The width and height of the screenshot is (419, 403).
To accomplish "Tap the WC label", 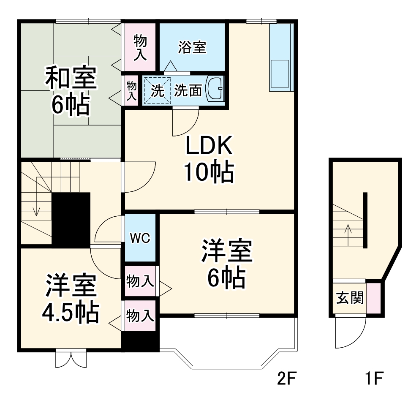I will pos(140,238).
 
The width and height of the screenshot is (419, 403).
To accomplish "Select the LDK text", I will pos(209,147).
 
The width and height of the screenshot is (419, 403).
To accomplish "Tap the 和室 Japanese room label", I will pos(71,79).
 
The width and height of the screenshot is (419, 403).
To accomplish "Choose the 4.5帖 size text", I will pos(71,312).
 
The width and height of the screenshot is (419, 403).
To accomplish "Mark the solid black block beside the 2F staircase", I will pos(71,219).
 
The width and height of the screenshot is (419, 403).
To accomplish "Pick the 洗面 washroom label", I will pos(188,90).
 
